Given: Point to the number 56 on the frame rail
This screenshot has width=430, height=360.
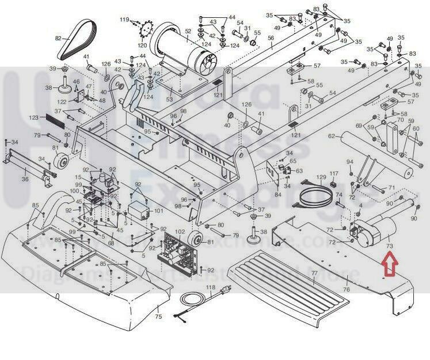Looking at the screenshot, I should tap(271, 38).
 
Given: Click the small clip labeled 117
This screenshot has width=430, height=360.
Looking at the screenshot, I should tap(333, 184).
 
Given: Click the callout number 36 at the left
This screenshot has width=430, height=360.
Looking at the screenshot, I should tap(24, 180).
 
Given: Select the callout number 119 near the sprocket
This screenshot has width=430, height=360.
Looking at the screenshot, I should tap(124, 20).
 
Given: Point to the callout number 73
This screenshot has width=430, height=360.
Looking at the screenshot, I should tap(389, 246).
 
